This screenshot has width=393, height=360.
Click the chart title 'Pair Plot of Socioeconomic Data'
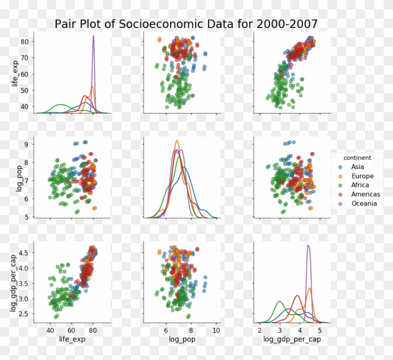(186, 24)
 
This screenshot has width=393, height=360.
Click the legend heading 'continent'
(357, 158)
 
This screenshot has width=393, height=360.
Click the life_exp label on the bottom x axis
(72, 340)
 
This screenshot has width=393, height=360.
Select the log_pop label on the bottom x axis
(182, 340)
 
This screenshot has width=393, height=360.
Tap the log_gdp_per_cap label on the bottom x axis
(292, 340)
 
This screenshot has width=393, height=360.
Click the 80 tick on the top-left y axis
(25, 42)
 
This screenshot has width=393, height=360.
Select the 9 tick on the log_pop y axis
(27, 144)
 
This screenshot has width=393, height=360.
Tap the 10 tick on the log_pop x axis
(216, 331)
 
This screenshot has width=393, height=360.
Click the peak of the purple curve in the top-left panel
(93, 36)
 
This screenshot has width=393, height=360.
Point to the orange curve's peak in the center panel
(177, 141)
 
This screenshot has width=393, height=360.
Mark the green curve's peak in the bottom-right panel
(279, 302)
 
